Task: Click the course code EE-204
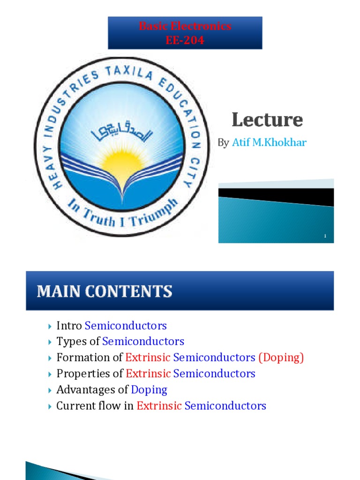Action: click(x=185, y=40)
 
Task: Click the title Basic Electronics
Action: click(x=185, y=26)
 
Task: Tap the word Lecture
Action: click(x=267, y=120)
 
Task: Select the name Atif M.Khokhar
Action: click(x=269, y=142)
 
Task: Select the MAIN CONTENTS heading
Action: click(x=105, y=292)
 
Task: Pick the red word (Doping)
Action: click(x=281, y=358)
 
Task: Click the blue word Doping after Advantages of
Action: click(x=149, y=390)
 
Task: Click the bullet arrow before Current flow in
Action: click(x=50, y=406)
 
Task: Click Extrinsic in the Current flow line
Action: click(x=159, y=405)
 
